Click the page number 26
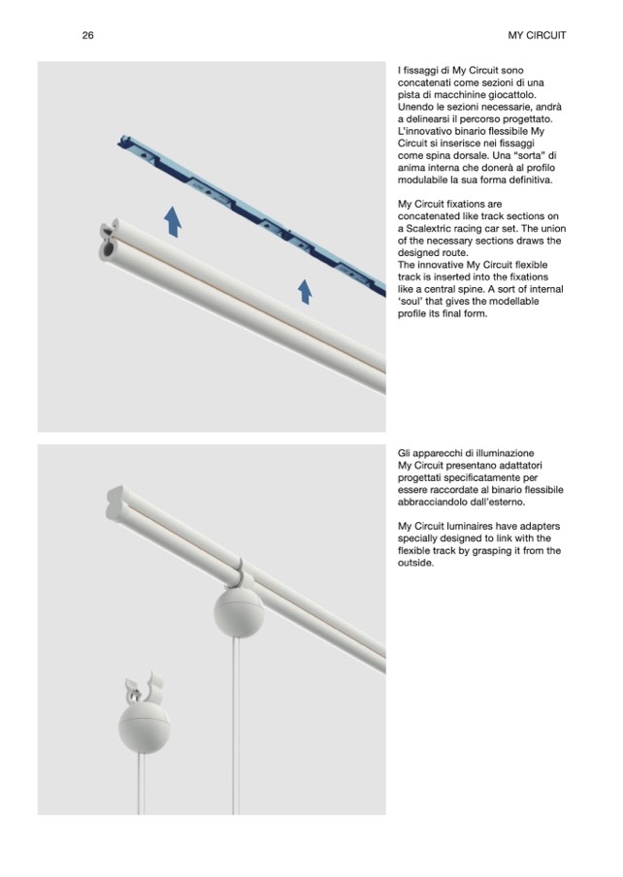(88, 35)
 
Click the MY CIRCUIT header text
(537, 35)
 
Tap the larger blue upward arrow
(173, 221)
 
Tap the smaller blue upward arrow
(306, 290)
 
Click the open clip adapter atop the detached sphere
(143, 690)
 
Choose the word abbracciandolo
(437, 503)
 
